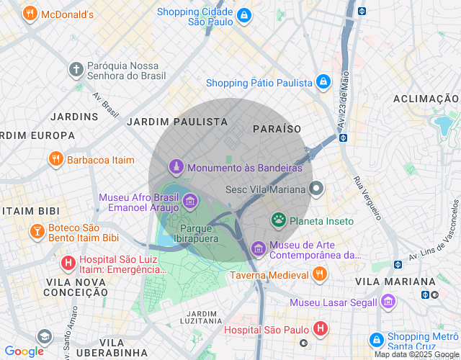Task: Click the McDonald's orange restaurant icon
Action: [30, 14]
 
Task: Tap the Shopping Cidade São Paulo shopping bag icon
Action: [244, 16]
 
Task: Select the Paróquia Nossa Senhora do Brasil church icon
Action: [76, 69]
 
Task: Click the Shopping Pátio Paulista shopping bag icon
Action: [323, 82]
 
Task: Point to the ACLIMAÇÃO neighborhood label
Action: [426, 99]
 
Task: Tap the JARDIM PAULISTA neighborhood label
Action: [176, 122]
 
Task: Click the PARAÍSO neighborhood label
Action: [277, 128]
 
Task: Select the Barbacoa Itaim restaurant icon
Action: [55, 159]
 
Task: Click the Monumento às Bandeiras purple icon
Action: [175, 167]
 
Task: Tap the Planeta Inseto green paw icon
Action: [278, 220]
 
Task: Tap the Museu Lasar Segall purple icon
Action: [388, 302]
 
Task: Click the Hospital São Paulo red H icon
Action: [321, 330]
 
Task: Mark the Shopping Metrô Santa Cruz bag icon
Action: [375, 339]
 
